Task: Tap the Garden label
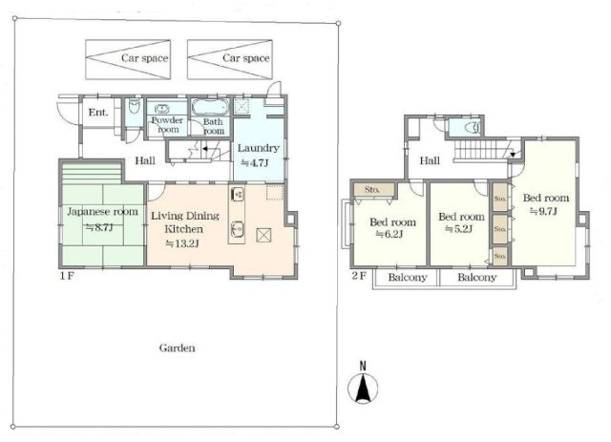pyautogui.click(x=178, y=347)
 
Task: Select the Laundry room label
pyautogui.click(x=259, y=148)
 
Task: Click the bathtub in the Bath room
pyautogui.click(x=210, y=107)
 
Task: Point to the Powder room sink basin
pyautogui.click(x=161, y=109)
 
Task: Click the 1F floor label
pyautogui.click(x=67, y=276)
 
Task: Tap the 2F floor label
pyautogui.click(x=359, y=276)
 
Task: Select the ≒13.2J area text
pyautogui.click(x=182, y=244)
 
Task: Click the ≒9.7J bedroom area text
pyautogui.click(x=543, y=211)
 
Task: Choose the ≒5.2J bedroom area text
pyautogui.click(x=458, y=229)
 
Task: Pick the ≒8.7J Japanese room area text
pyautogui.click(x=99, y=227)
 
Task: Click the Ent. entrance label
pyautogui.click(x=97, y=113)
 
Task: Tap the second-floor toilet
pyautogui.click(x=474, y=128)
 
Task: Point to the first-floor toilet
pyautogui.click(x=134, y=106)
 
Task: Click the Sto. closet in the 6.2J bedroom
pyautogui.click(x=374, y=190)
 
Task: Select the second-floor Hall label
pyautogui.click(x=430, y=160)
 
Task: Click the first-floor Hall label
pyautogui.click(x=145, y=160)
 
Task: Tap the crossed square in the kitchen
pyautogui.click(x=263, y=236)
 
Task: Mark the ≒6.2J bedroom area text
pyautogui.click(x=389, y=234)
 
